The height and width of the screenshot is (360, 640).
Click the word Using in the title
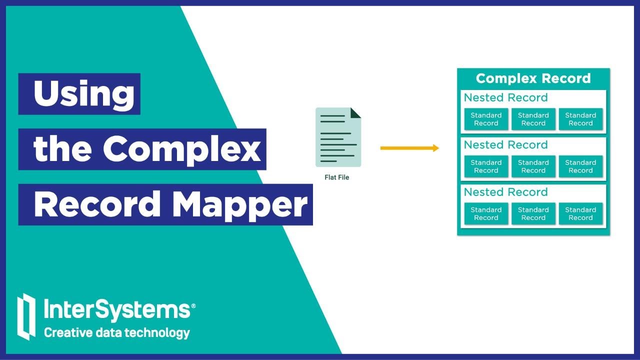tap(84, 93)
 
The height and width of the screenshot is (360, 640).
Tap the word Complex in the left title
tap(182, 148)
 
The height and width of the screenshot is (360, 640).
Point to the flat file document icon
tap(338, 137)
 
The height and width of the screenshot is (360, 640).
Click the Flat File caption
tap(337, 177)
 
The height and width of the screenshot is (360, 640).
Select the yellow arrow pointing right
tap(409, 148)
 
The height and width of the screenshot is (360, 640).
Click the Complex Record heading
tap(533, 78)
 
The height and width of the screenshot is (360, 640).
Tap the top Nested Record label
tap(505, 97)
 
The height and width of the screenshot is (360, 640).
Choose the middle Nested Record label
tap(505, 145)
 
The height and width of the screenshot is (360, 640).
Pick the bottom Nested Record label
tap(505, 192)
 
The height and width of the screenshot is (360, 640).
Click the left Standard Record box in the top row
tap(486, 119)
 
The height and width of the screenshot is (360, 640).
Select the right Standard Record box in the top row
tap(580, 119)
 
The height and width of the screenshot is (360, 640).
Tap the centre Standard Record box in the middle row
tap(533, 166)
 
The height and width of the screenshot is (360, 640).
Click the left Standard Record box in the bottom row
tap(486, 213)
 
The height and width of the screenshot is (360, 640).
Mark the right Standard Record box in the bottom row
tap(580, 213)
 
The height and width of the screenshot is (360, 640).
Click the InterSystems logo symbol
tap(26, 316)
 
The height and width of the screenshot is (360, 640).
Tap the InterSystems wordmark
tap(116, 310)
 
